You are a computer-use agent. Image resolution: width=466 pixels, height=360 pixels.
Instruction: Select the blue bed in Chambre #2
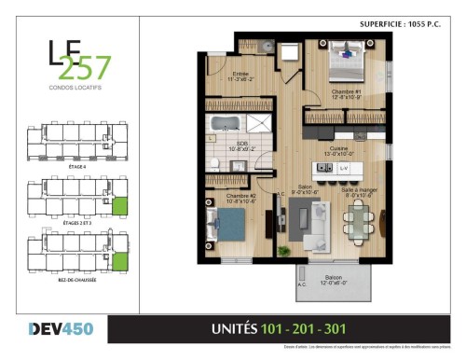228,223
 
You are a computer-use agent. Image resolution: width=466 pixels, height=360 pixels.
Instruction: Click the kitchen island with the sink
335,168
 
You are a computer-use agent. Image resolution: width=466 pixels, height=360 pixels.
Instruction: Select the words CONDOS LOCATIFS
75,90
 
